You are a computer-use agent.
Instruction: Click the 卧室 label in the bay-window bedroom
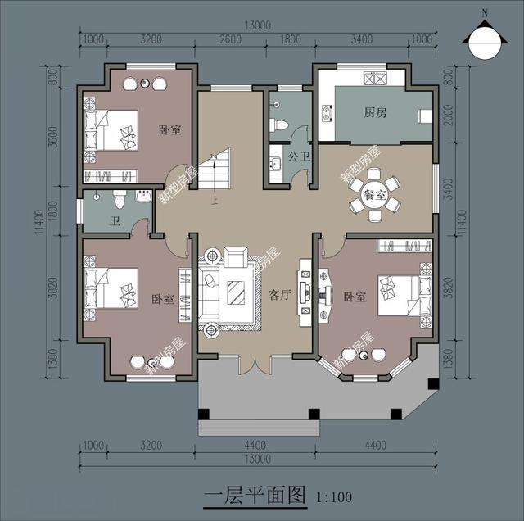355,297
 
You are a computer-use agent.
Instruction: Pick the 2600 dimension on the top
232,39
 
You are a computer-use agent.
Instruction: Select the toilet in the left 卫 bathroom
120,198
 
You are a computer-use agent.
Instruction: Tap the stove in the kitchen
379,79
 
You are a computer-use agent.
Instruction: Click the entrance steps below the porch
257,426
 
